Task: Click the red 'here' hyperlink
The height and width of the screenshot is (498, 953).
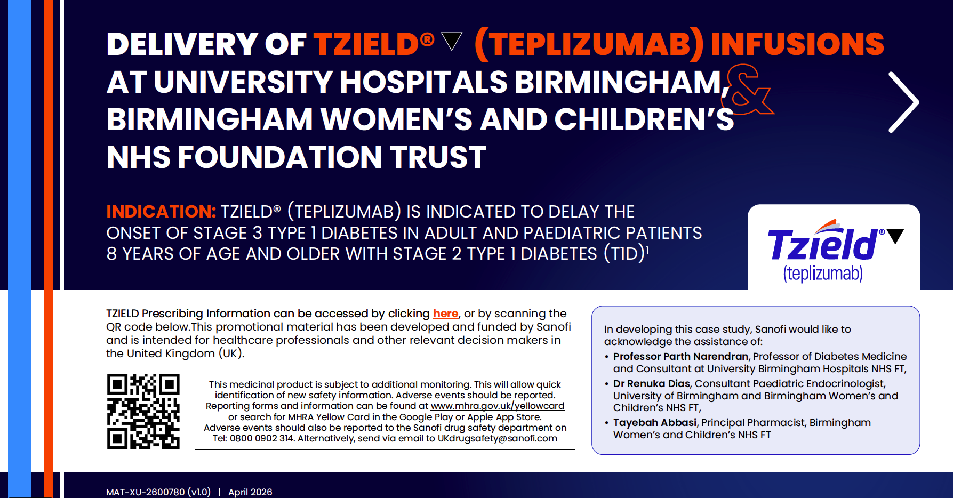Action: pos(445,314)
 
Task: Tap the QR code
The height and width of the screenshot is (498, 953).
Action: pos(143,411)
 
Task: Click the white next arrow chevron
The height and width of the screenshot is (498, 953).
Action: pos(903,102)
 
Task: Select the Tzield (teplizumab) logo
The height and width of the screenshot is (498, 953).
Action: pos(834,250)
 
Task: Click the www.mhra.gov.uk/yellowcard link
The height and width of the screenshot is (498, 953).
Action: pos(497,406)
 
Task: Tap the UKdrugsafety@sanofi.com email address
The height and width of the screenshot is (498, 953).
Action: pos(497,438)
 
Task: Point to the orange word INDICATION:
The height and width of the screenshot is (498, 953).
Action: pos(161,212)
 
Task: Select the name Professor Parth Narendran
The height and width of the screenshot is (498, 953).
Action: pos(680,356)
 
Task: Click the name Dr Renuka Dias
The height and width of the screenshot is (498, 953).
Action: pos(651,383)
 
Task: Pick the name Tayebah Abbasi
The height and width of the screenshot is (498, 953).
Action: pos(655,422)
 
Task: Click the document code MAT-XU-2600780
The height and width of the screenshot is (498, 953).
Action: pos(146,492)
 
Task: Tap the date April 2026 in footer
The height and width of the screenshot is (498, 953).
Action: pos(250,492)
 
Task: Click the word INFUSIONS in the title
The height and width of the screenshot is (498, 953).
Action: pos(797,44)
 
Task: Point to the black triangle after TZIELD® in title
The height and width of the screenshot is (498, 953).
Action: pos(452,41)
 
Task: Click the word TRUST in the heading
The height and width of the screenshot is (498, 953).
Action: pos(438,157)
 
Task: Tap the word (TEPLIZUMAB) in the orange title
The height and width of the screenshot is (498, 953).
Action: pos(589,44)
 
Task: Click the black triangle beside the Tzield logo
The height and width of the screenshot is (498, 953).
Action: pos(895,236)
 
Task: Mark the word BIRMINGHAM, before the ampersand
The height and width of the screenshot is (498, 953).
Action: pos(622,82)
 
